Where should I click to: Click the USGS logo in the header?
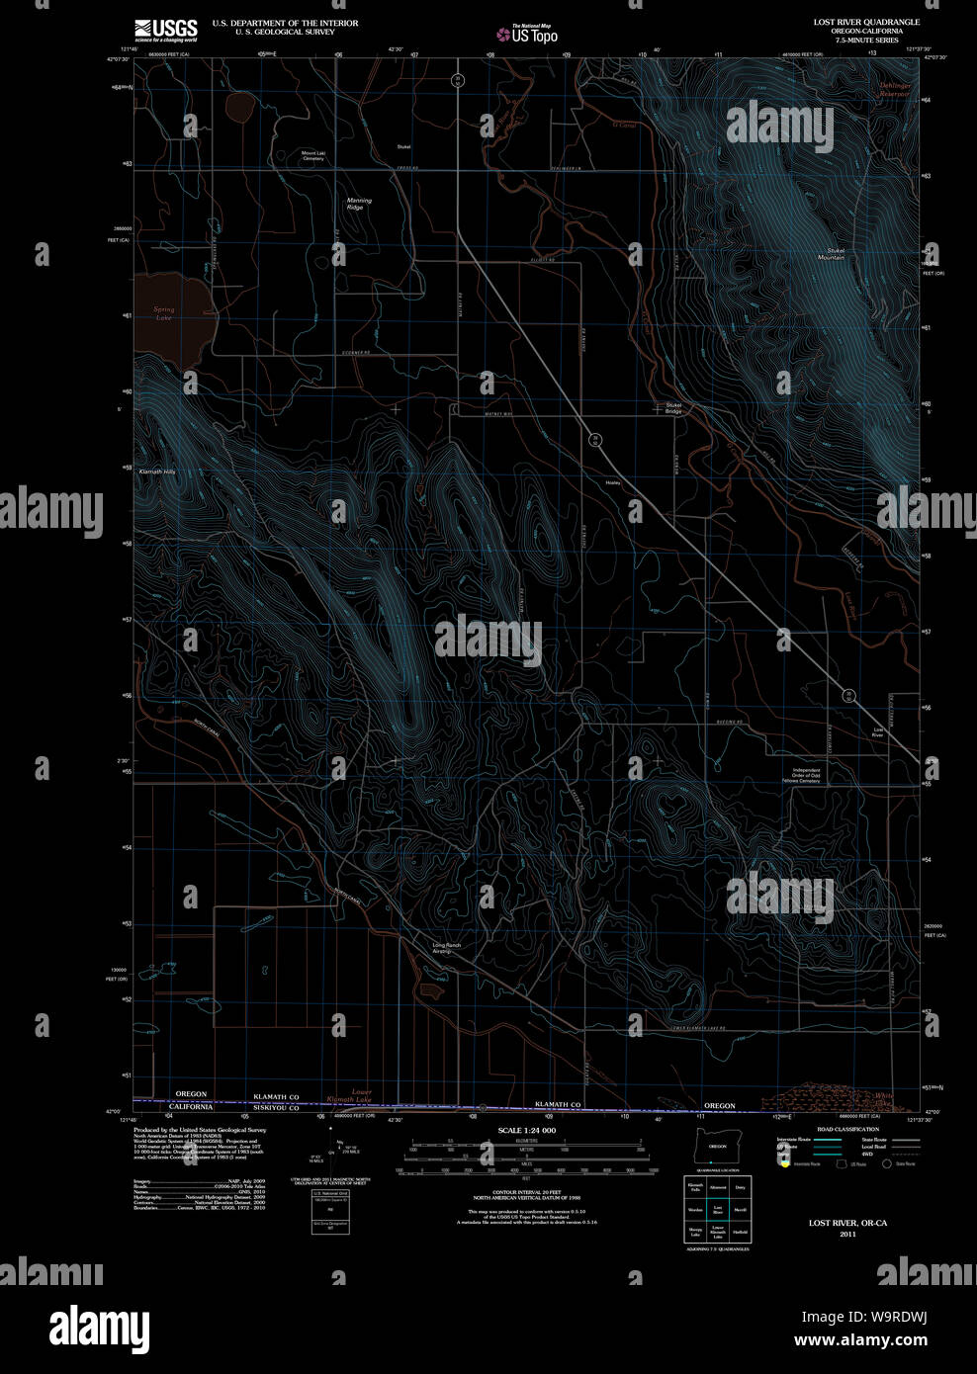165,29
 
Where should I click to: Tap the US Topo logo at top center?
527,35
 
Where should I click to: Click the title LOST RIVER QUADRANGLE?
866,22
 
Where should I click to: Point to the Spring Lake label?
164,313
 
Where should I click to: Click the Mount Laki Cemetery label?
312,155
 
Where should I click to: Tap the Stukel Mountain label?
831,253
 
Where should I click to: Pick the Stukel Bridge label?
673,407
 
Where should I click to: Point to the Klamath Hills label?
157,472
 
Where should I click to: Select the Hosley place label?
612,482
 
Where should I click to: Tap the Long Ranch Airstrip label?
447,948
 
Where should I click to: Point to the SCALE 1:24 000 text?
526,1130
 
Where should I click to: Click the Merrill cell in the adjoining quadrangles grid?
740,1209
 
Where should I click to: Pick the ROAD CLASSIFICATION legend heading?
847,1129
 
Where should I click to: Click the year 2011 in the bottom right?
847,1235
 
